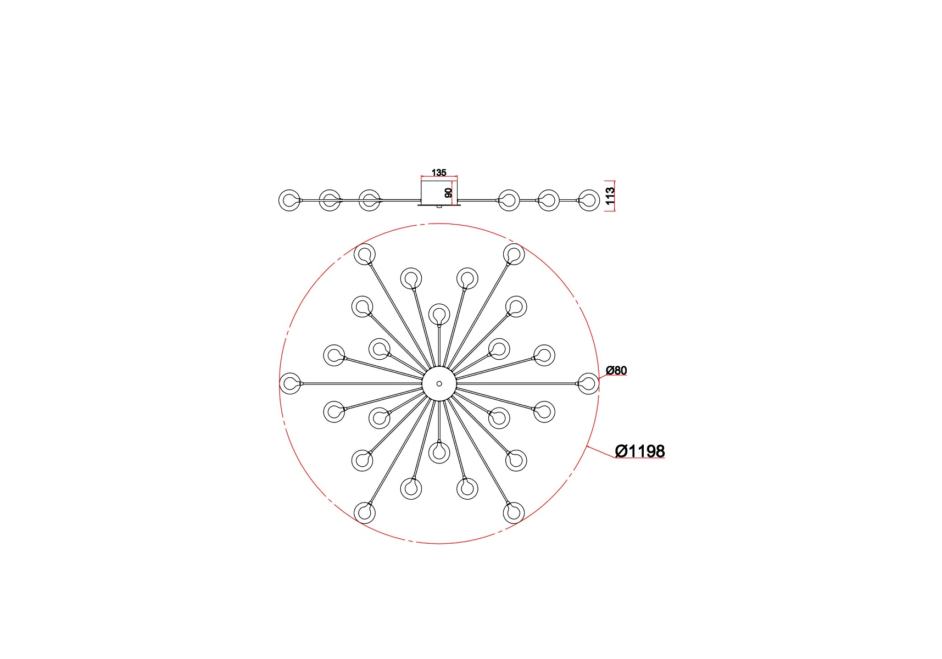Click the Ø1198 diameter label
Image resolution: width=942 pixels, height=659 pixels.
tap(640, 451)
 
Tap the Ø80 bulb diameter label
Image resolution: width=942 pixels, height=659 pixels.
tap(616, 371)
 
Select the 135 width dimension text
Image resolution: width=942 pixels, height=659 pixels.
tap(439, 172)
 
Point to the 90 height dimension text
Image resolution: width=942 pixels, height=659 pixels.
tap(449, 193)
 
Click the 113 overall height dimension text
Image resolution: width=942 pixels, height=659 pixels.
tap(610, 196)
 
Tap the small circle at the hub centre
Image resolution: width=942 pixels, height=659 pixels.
tap(439, 383)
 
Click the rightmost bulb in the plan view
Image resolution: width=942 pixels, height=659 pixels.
tap(588, 383)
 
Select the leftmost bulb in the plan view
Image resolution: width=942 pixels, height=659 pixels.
tap(290, 383)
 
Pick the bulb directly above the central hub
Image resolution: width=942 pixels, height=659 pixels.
tap(439, 315)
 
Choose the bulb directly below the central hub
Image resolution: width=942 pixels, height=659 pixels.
tap(439, 452)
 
